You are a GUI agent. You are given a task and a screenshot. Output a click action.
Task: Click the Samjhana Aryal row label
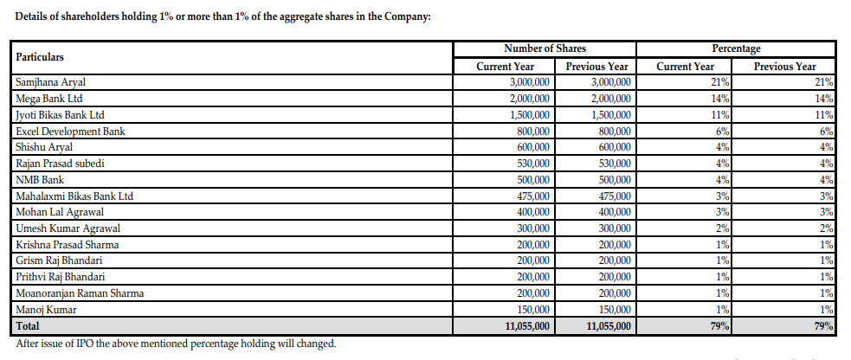click(51, 82)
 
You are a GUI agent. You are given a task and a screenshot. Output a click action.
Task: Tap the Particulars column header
click(40, 56)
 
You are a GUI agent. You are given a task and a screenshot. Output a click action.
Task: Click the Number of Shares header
click(545, 48)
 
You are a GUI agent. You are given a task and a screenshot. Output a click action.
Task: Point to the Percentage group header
click(736, 48)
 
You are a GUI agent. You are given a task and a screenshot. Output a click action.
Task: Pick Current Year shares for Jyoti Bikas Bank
click(528, 115)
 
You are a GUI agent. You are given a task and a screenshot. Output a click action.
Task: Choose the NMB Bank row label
click(41, 180)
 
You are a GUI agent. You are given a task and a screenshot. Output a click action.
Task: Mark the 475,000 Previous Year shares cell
click(614, 196)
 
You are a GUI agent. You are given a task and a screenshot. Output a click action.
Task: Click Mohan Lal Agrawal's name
click(60, 212)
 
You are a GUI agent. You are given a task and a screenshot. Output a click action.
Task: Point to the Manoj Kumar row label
click(46, 310)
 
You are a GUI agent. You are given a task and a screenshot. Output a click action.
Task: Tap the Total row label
click(29, 326)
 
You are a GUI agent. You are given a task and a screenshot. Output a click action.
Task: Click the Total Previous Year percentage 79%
click(823, 326)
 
